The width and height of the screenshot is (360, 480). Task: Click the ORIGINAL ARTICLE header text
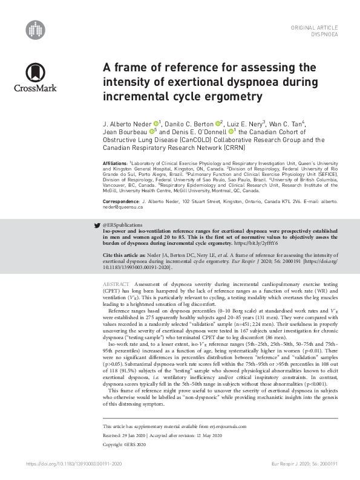[x=315, y=28]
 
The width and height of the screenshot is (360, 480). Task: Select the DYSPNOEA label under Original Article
[x=324, y=35]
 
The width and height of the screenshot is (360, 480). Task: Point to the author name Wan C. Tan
[x=286, y=125]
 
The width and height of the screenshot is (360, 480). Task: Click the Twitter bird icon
[x=97, y=224]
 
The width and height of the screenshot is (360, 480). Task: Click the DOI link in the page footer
[x=80, y=465]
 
